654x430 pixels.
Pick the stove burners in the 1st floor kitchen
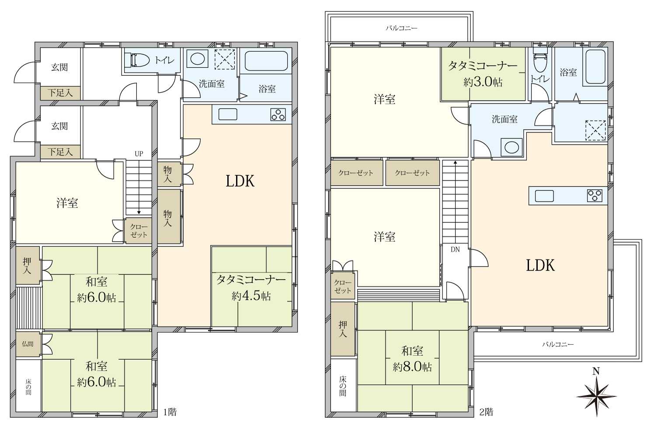tap(278, 114)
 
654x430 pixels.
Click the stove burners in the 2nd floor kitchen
tap(594, 196)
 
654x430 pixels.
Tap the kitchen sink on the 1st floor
tap(228, 114)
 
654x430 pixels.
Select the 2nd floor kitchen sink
tap(544, 196)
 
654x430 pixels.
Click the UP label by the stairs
tap(139, 154)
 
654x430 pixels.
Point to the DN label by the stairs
tap(455, 250)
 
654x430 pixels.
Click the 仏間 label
tap(28, 343)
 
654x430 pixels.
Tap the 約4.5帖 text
tap(251, 296)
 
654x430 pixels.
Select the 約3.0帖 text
tap(483, 82)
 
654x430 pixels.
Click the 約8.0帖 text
tap(412, 367)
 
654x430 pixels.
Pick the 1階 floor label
tap(170, 412)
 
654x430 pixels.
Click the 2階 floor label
tap(487, 412)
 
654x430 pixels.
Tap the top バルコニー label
tap(402, 28)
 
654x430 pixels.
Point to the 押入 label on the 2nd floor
tap(343, 329)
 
